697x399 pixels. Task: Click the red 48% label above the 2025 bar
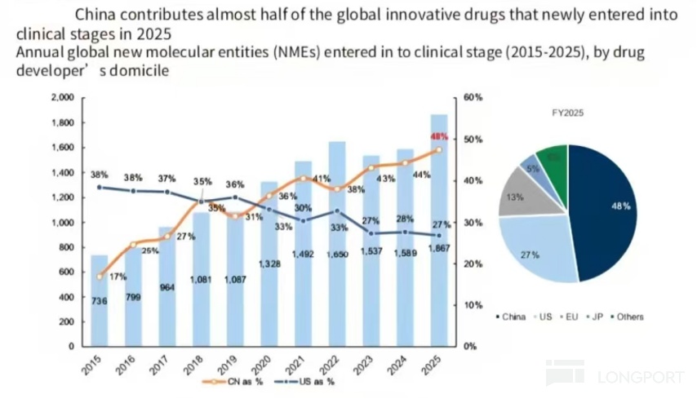440,136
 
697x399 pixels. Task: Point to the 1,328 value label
269,263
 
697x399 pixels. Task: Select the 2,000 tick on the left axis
62,98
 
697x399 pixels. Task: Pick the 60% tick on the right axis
473,97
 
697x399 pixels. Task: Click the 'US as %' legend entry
311,380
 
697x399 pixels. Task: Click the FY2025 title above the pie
568,113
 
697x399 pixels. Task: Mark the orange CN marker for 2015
99,277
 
